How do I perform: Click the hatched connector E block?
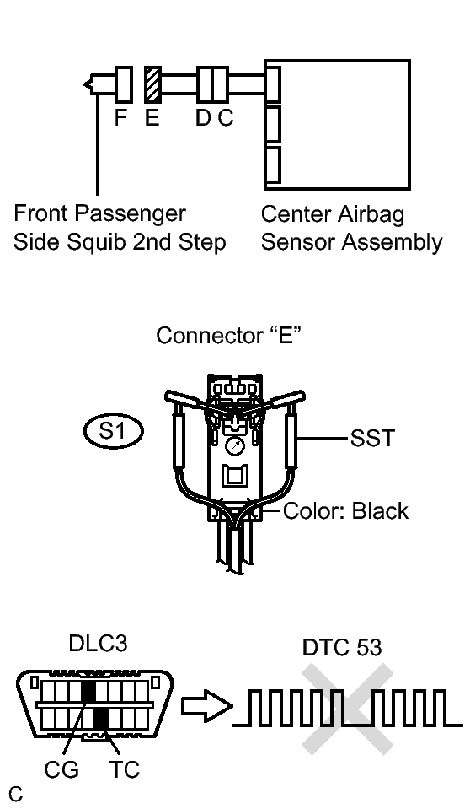[x=152, y=84]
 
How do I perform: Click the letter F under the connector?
[x=120, y=118]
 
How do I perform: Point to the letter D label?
[x=203, y=118]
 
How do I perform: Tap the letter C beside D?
[x=225, y=118]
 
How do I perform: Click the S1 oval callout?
[x=114, y=431]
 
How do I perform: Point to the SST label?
[x=372, y=438]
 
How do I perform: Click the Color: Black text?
[x=346, y=510]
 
